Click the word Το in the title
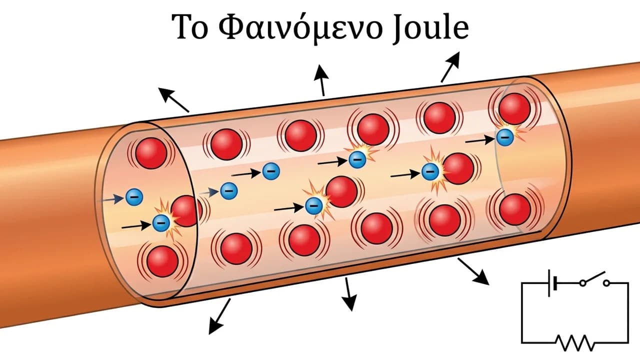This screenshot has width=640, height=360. click(x=190, y=26)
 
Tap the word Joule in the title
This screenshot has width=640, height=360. click(x=430, y=27)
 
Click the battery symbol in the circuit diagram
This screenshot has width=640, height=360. click(x=552, y=282)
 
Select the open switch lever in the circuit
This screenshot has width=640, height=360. click(x=593, y=277)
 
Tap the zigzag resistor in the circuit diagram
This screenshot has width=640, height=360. click(x=575, y=342)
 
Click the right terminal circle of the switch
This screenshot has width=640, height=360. click(x=606, y=283)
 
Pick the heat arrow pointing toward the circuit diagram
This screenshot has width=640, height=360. click(x=473, y=271)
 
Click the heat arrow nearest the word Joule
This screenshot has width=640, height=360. click(x=450, y=67)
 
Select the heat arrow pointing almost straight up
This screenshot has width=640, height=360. click(x=321, y=80)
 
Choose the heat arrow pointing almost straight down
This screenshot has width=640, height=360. click(x=349, y=294)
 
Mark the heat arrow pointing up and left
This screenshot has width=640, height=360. click(x=173, y=100)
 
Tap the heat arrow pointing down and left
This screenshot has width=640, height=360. click(x=219, y=316)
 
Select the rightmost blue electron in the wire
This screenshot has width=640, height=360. click(x=505, y=137)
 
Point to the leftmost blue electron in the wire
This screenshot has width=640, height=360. click(x=134, y=197)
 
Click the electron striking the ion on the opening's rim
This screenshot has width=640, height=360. click(x=161, y=223)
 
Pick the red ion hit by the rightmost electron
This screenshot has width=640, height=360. click(x=514, y=109)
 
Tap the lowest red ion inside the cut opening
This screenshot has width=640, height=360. click(x=162, y=261)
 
